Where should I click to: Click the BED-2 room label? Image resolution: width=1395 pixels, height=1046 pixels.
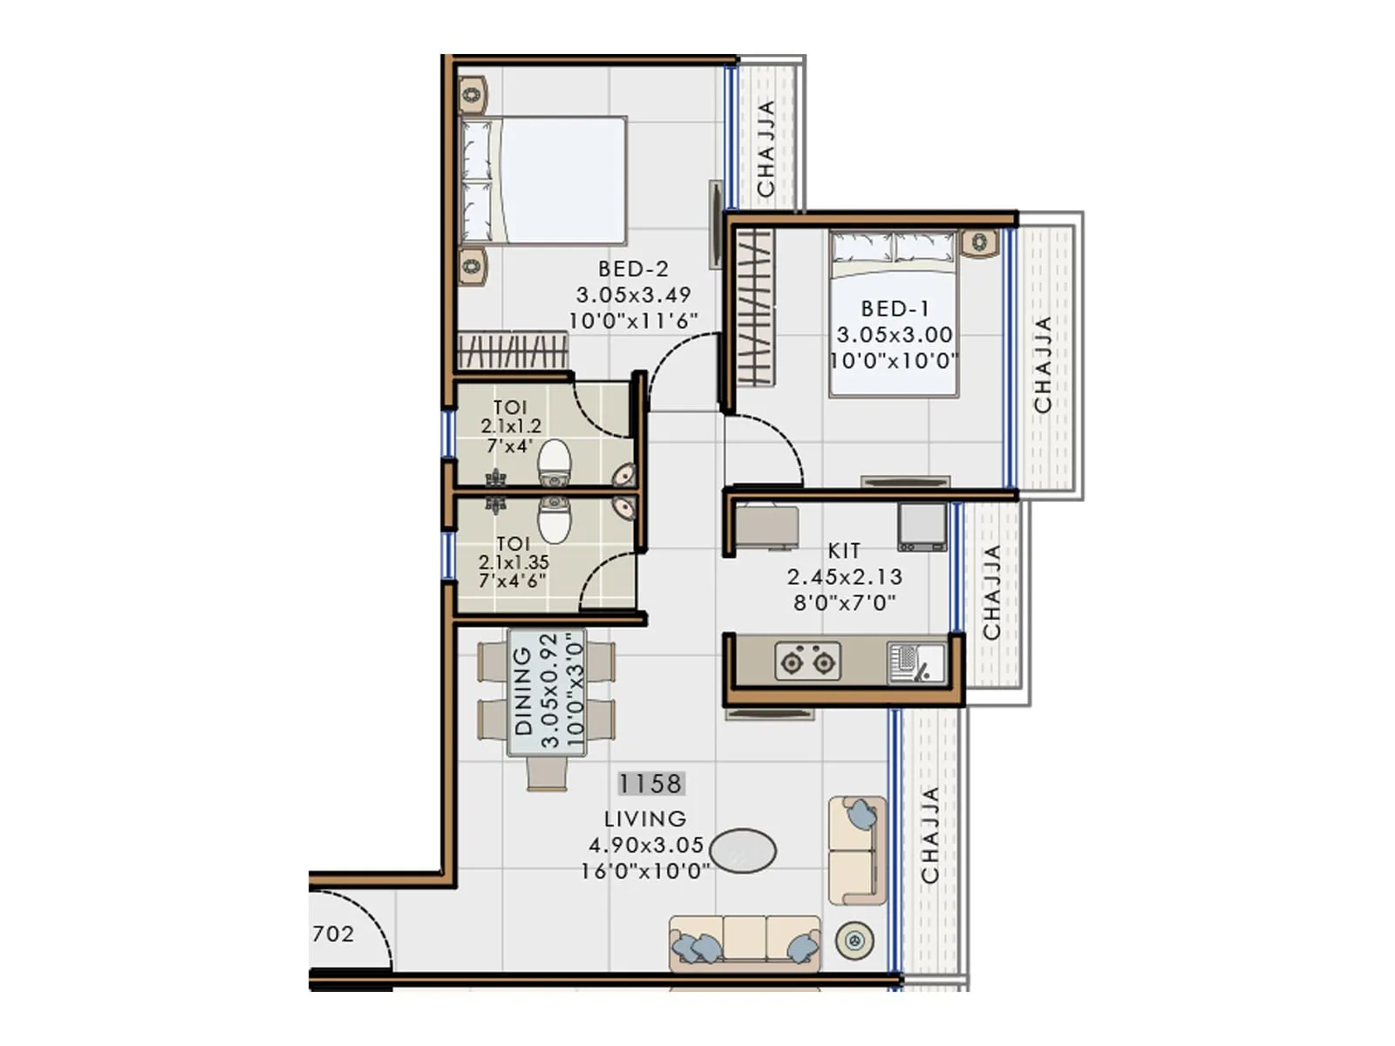pos(633,269)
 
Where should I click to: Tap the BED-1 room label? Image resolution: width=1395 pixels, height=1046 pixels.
pos(895,309)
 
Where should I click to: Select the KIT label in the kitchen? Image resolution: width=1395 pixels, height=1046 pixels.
pos(843,551)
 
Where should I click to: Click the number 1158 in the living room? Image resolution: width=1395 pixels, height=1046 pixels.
pos(650,784)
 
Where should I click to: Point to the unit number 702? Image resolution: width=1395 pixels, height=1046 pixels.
pos(333,934)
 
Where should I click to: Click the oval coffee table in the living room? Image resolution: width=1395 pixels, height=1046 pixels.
pos(742,851)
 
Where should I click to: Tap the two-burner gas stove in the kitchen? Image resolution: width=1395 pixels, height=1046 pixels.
pos(807,662)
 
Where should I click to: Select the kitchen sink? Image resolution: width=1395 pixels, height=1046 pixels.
pos(915,662)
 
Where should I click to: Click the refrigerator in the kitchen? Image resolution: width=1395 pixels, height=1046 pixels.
pos(922,526)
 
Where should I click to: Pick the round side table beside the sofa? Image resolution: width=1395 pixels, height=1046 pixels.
pos(854,941)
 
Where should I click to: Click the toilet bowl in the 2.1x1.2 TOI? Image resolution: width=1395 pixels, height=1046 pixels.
pos(554,463)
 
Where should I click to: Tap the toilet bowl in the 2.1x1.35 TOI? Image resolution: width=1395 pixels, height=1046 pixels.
pos(554,520)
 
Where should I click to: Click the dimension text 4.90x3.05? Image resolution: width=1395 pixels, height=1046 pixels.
pos(645,845)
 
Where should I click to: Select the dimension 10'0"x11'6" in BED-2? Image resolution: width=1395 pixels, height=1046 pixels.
pos(633,321)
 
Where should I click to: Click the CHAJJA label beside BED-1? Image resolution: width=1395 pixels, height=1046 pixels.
pos(1042,364)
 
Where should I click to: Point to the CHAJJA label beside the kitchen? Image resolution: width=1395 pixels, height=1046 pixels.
pos(991,593)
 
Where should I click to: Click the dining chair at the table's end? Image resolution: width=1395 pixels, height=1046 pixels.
pos(547,774)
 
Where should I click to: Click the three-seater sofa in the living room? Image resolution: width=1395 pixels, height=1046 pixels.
pos(745,942)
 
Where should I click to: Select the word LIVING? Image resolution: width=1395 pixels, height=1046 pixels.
pos(645,819)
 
